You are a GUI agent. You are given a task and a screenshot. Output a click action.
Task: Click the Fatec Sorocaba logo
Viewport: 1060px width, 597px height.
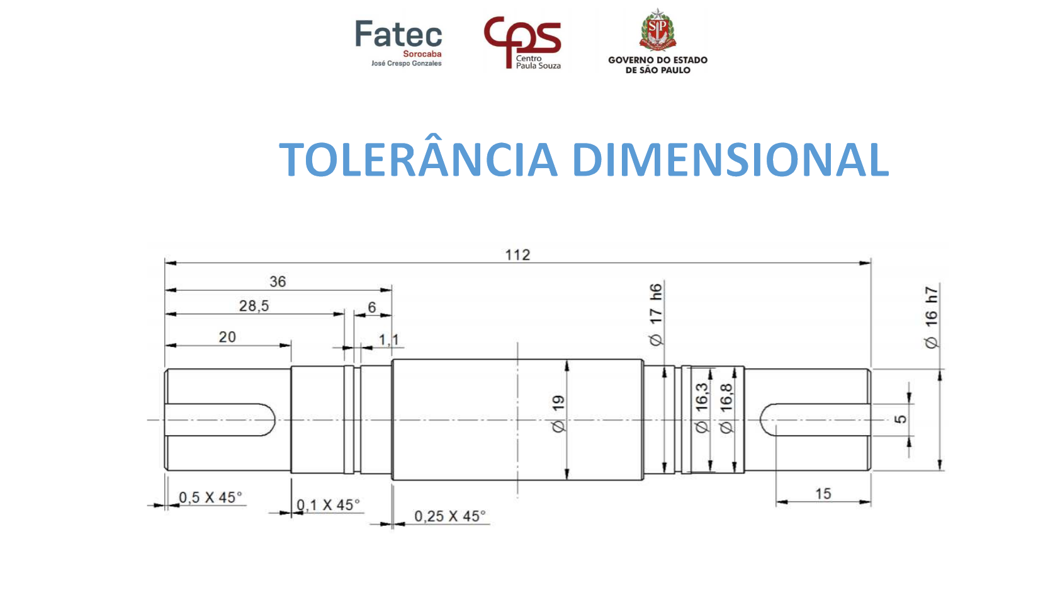tap(398, 43)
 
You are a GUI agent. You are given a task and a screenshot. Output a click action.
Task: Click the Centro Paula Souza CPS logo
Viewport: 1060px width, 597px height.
tap(522, 43)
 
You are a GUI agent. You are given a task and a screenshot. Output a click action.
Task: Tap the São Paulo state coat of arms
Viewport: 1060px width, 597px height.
tap(657, 30)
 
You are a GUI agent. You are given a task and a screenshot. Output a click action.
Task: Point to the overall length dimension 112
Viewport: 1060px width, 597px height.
tap(517, 255)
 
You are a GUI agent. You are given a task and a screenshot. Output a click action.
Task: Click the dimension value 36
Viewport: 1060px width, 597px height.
tap(278, 281)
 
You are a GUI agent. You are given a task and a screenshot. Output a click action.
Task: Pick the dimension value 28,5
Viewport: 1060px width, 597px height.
tap(254, 306)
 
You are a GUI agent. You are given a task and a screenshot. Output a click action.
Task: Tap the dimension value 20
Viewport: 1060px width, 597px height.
tap(227, 337)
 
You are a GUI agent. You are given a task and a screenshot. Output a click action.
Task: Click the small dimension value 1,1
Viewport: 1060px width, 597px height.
tap(388, 339)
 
